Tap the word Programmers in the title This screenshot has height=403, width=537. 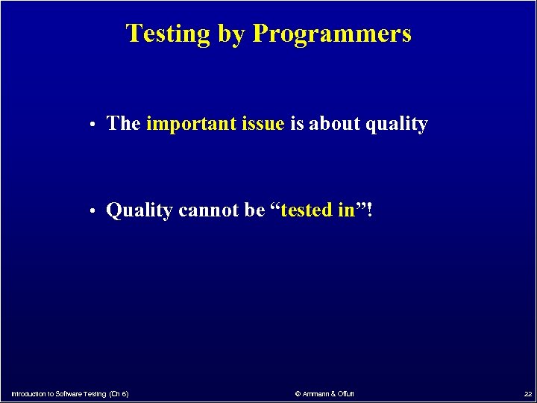tap(332, 34)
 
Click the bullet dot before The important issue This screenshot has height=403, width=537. tap(89, 125)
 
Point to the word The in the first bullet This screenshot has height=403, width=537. tap(124, 124)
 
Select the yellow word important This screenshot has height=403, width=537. tap(192, 124)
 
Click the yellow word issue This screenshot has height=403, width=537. tap(263, 124)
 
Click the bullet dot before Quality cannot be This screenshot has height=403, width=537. tap(89, 212)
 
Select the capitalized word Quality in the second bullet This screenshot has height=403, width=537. tap(139, 211)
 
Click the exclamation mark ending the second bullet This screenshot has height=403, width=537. tap(369, 210)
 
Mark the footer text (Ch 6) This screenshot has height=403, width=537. tap(119, 393)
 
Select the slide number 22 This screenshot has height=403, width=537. tap(527, 393)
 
